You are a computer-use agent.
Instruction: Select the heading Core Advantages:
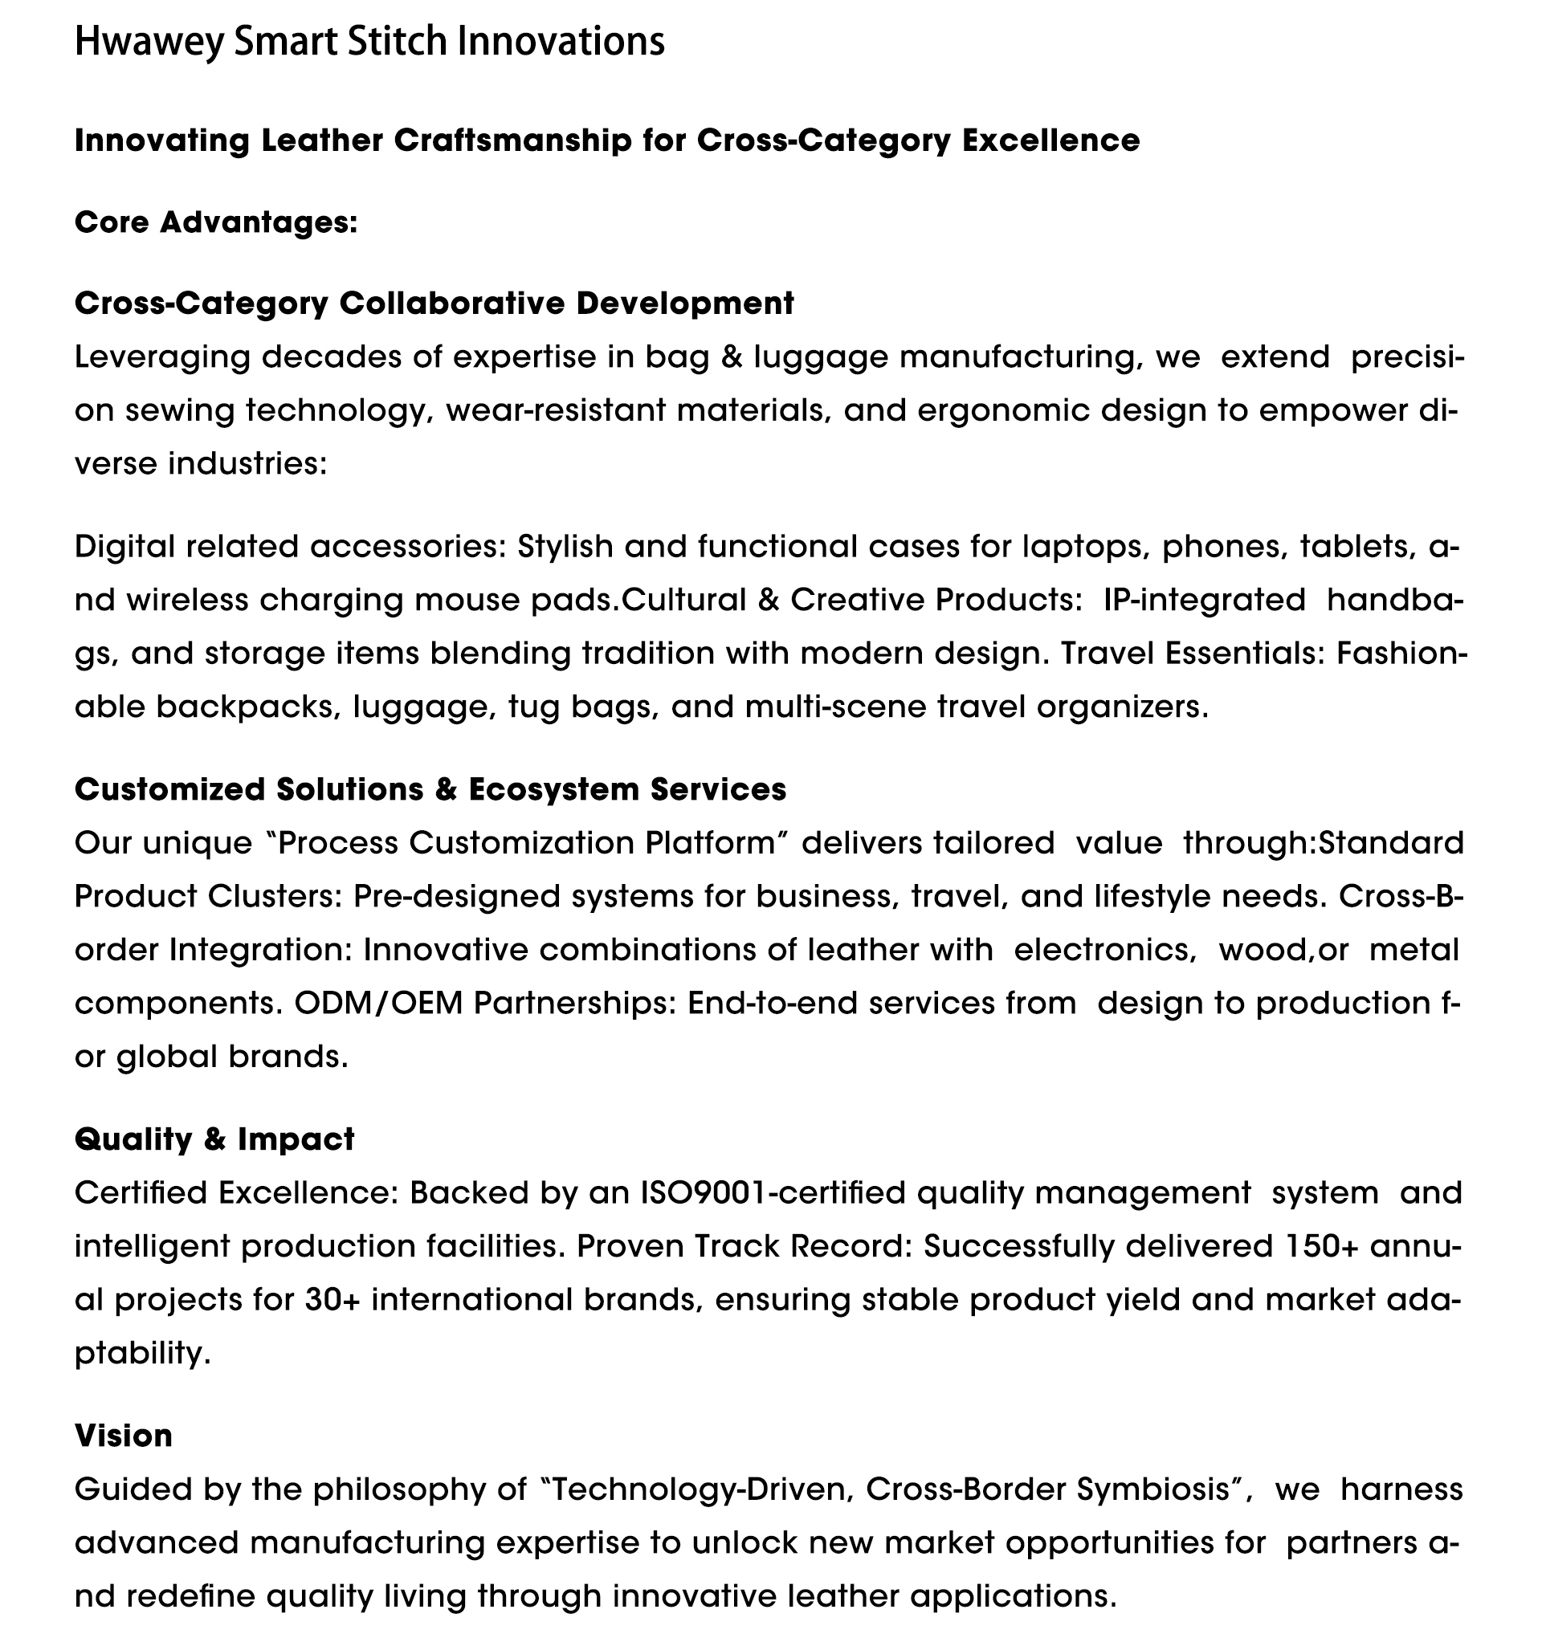215,222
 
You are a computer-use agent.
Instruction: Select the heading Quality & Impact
214,1139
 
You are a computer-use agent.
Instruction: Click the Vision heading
124,1436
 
